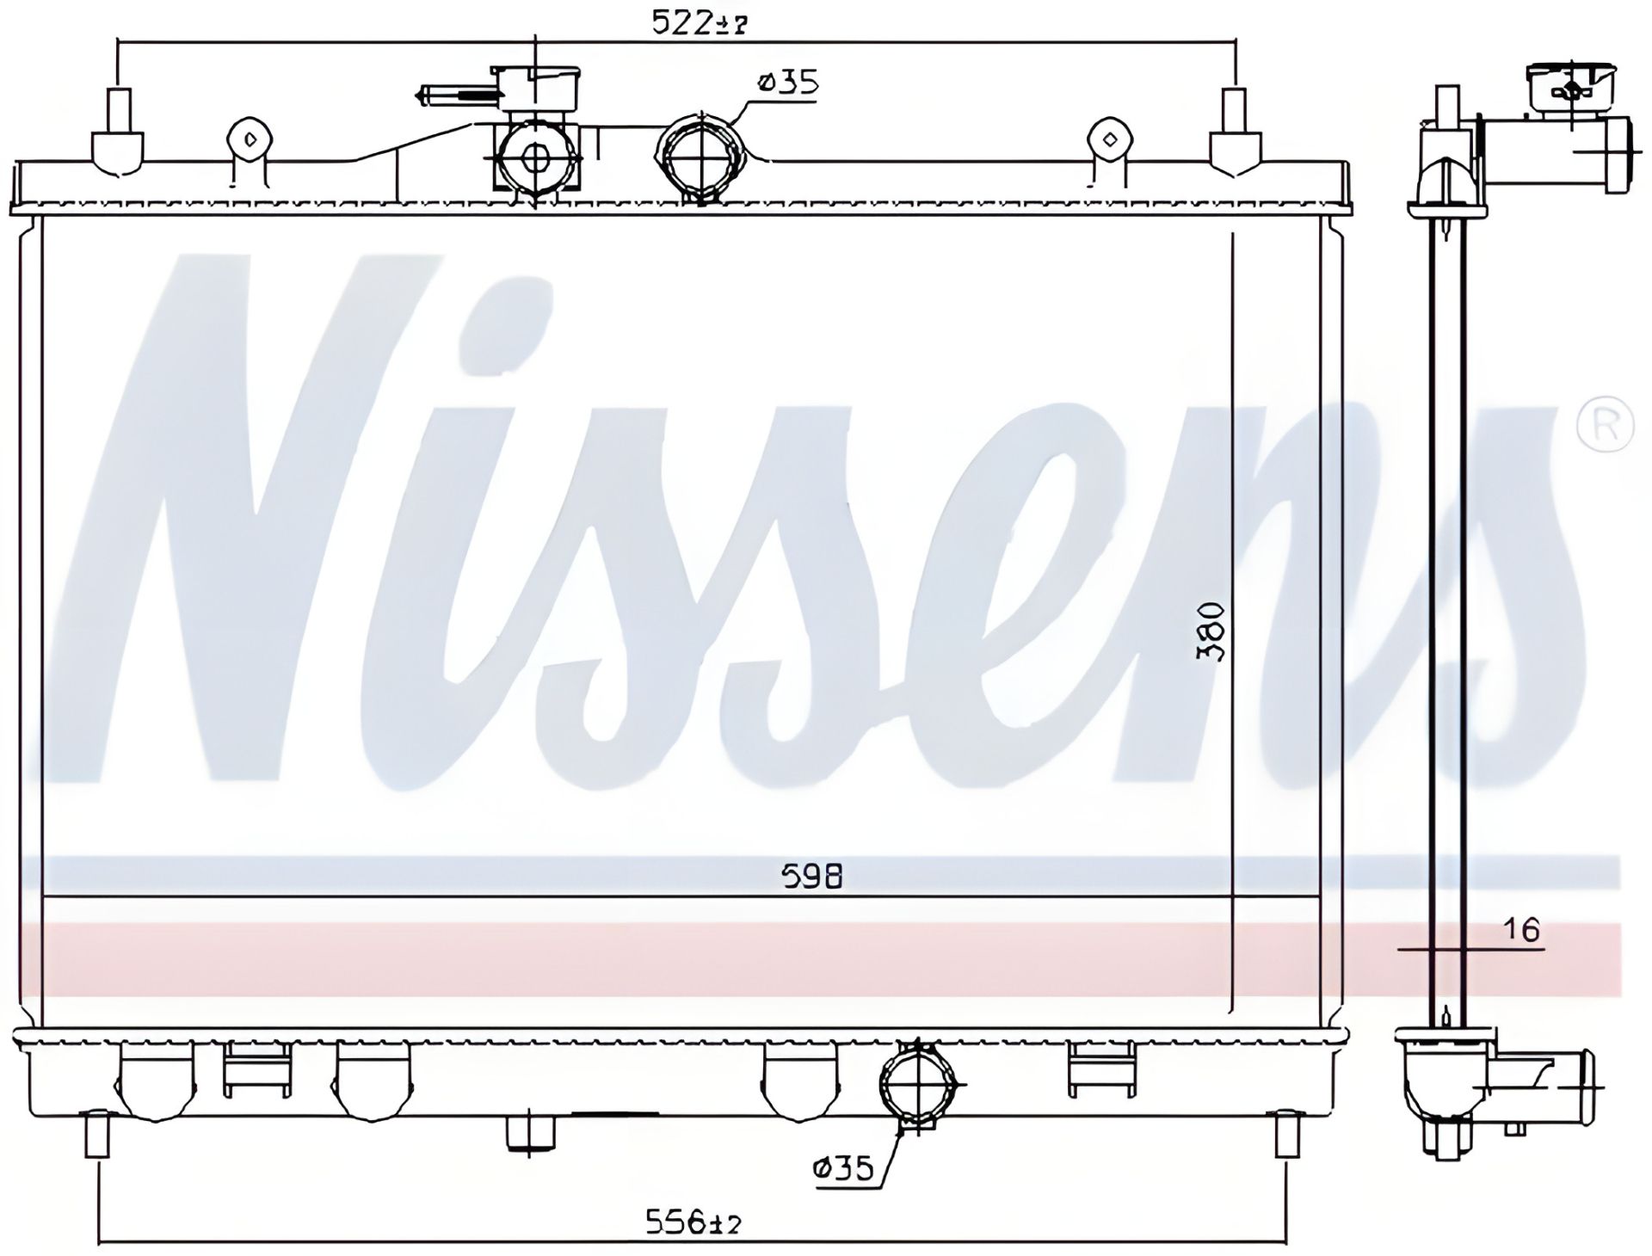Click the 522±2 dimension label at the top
point(697,23)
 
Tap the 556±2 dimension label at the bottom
point(693,1221)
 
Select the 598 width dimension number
point(811,876)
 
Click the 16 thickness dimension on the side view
point(1521,930)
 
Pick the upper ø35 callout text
point(786,83)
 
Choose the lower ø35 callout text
point(842,1168)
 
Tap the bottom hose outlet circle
point(918,1084)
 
